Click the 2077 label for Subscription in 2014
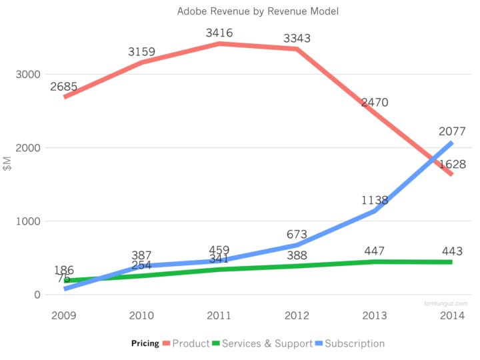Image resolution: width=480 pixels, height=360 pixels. click(x=452, y=131)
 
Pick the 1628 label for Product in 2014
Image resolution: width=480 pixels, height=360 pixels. click(x=452, y=164)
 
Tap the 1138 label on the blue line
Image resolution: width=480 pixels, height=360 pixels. click(x=375, y=200)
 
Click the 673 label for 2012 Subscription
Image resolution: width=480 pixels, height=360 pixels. click(x=297, y=234)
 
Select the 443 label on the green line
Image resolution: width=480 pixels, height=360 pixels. click(x=452, y=251)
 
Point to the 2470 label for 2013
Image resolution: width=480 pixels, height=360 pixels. click(x=375, y=103)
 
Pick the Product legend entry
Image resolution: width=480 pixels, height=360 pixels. click(x=191, y=343)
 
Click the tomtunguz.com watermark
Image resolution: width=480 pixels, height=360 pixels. click(x=445, y=302)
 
